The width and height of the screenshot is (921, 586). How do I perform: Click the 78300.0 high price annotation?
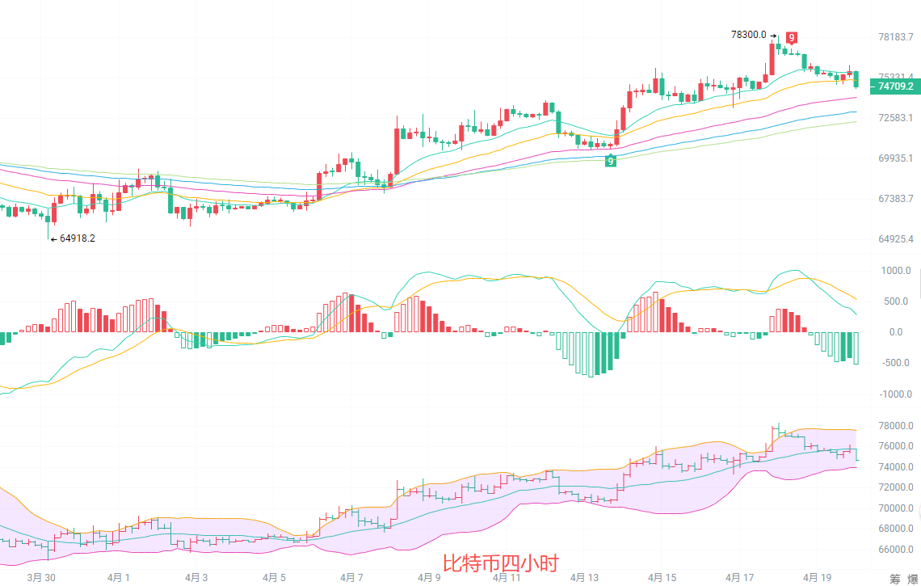click(x=748, y=35)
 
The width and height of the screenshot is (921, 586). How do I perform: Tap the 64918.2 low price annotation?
click(x=77, y=238)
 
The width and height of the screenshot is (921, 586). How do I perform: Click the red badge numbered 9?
click(x=792, y=37)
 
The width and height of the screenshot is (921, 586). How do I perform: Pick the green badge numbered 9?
click(x=611, y=161)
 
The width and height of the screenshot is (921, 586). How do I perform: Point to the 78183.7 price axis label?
click(x=895, y=37)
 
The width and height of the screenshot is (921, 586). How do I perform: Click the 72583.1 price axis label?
click(x=895, y=118)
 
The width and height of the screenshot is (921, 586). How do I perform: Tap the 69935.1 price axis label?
click(x=895, y=158)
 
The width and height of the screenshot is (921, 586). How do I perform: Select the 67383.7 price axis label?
click(x=895, y=199)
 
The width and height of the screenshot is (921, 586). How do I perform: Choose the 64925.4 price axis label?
click(x=895, y=239)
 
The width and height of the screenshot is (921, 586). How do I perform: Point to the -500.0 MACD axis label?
click(x=898, y=363)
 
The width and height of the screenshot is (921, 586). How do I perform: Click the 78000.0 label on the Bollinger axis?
click(x=895, y=426)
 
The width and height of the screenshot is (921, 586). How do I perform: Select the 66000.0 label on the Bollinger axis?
click(x=895, y=550)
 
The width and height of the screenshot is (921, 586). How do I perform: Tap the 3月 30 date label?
click(x=41, y=577)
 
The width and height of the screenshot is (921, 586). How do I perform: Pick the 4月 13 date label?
click(x=584, y=577)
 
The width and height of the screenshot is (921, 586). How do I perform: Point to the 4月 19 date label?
click(x=817, y=577)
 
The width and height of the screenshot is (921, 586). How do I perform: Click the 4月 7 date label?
click(x=351, y=577)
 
